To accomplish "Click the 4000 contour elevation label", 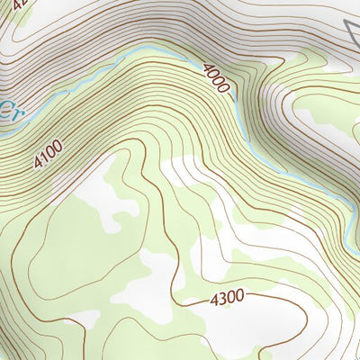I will (x=217, y=79).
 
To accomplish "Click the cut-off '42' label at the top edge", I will (x=21, y=4).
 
